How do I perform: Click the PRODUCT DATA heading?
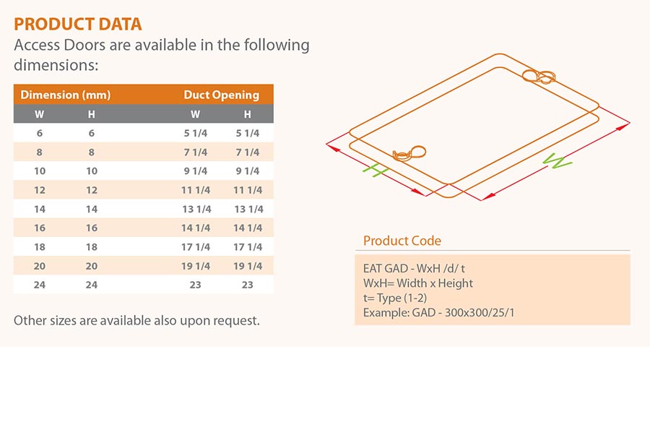click(78, 25)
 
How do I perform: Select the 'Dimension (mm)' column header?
click(66, 95)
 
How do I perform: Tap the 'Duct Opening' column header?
click(222, 95)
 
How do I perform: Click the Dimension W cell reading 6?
click(40, 133)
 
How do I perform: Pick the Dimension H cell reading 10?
click(92, 171)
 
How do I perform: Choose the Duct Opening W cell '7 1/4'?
click(196, 152)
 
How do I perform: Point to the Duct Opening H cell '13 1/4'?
click(248, 209)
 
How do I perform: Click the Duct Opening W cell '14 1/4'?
click(196, 228)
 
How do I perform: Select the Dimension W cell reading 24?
click(40, 285)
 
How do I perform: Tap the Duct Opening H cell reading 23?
click(248, 285)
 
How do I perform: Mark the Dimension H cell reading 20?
click(92, 266)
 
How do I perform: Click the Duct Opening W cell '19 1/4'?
click(196, 266)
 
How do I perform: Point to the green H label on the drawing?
click(376, 170)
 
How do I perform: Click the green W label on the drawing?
click(558, 161)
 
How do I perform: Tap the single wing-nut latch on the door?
click(409, 153)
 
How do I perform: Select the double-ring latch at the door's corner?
click(539, 77)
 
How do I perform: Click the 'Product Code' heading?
click(402, 241)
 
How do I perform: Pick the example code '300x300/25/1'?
click(480, 313)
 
